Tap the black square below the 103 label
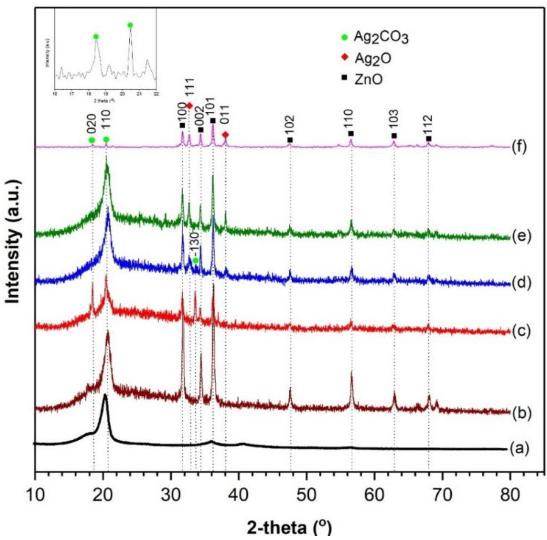(394, 136)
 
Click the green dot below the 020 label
(91, 140)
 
